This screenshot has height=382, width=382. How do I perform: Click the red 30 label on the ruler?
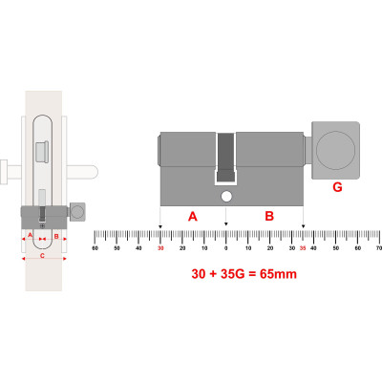(160, 248)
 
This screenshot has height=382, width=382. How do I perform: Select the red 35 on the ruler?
(303, 248)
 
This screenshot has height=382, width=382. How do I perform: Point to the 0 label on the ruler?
(226, 248)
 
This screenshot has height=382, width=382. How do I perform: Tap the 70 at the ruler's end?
(378, 248)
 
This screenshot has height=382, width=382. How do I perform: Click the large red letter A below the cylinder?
(193, 217)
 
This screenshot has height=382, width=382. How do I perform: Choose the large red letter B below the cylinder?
(269, 216)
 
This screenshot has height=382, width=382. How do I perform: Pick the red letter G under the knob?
(337, 187)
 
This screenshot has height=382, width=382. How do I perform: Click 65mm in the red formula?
(278, 274)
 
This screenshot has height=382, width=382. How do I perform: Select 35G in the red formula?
(232, 274)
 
